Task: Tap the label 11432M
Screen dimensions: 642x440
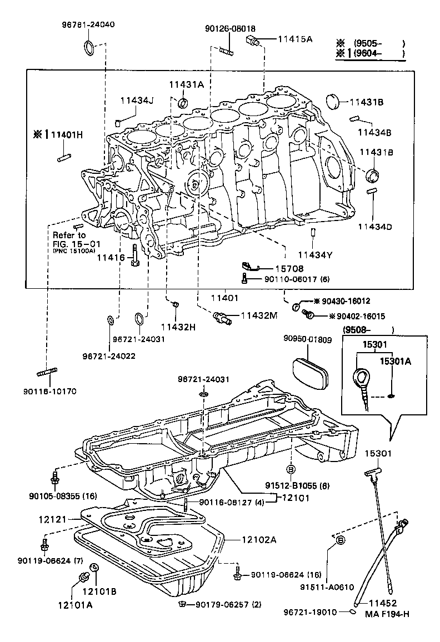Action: pyautogui.click(x=258, y=315)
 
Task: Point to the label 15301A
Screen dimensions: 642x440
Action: pyautogui.click(x=396, y=362)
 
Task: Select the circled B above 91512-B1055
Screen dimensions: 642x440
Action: pyautogui.click(x=290, y=467)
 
